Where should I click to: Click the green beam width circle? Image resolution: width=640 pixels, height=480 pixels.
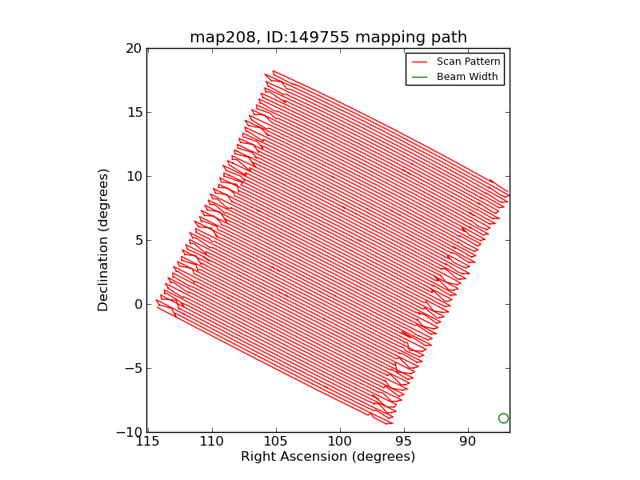503,418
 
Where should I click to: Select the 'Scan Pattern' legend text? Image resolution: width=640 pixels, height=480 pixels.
468,61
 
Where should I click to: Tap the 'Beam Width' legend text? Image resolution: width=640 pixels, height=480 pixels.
467,77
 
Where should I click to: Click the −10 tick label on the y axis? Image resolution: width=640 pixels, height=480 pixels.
128,432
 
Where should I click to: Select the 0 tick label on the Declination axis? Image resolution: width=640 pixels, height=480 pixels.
138,304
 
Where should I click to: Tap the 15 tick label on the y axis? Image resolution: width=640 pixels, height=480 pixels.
133,112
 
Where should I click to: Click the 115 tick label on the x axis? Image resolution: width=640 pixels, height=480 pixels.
148,441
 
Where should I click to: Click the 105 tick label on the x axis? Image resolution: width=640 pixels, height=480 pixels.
276,441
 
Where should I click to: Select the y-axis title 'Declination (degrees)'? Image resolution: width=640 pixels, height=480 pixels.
103,239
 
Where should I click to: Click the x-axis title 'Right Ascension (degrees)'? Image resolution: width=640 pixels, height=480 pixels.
328,457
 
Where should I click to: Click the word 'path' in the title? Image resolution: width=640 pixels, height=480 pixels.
447,38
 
